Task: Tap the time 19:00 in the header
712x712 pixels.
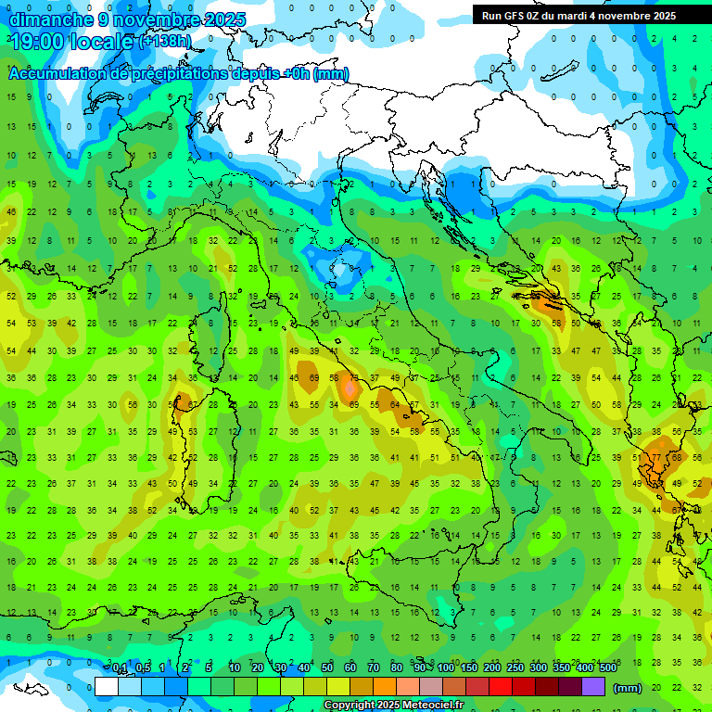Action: coord(39,42)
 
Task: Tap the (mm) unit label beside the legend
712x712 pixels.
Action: coord(628,688)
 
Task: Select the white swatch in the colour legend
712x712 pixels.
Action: coord(107,687)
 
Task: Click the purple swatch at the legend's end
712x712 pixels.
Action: coord(593,687)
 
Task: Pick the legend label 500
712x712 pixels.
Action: coord(608,667)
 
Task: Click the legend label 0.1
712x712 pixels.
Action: coord(120,667)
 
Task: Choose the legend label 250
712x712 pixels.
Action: coord(515,667)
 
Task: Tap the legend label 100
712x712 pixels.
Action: coord(446,667)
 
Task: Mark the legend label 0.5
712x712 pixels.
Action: coord(143,667)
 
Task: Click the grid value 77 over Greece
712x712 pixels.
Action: coord(655,457)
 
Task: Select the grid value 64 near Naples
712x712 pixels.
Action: coord(394,405)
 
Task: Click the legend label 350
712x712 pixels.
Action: coord(562,667)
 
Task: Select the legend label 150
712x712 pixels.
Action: coord(469,667)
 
